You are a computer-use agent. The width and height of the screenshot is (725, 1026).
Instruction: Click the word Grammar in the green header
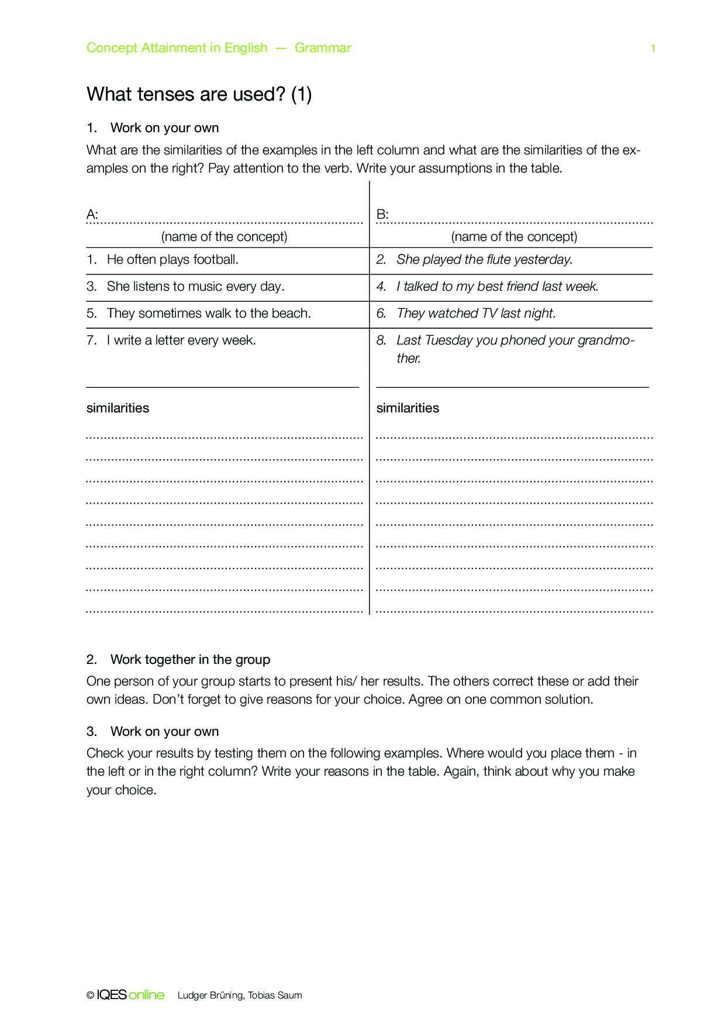[323, 48]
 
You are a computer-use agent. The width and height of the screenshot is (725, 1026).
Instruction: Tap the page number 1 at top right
[653, 49]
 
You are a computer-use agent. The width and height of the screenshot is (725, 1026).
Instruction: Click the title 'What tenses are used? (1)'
[199, 94]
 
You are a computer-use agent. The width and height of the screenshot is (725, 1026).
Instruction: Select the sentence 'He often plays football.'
[172, 260]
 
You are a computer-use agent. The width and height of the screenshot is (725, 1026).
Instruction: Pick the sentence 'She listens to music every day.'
[195, 287]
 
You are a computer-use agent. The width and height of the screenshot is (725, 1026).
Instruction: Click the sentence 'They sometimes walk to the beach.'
[209, 314]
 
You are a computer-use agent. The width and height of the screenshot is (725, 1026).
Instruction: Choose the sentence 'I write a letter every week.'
[181, 340]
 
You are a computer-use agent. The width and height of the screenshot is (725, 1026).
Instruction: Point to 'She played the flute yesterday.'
[484, 260]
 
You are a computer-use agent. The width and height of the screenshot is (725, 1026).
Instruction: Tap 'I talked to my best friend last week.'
[497, 287]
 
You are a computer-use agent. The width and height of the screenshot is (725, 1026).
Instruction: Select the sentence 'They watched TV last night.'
[476, 314]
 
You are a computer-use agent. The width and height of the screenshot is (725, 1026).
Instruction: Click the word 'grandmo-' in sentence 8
[606, 340]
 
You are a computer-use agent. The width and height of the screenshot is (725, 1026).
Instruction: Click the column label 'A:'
[92, 215]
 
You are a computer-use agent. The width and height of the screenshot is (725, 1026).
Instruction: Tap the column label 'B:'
[382, 215]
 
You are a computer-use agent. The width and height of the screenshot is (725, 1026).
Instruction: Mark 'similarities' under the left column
[118, 408]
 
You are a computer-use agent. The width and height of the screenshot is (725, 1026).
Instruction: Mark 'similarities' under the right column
[408, 408]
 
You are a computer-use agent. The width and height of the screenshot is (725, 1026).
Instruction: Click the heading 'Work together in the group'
[190, 660]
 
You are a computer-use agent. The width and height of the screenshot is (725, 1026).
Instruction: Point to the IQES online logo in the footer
[130, 995]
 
